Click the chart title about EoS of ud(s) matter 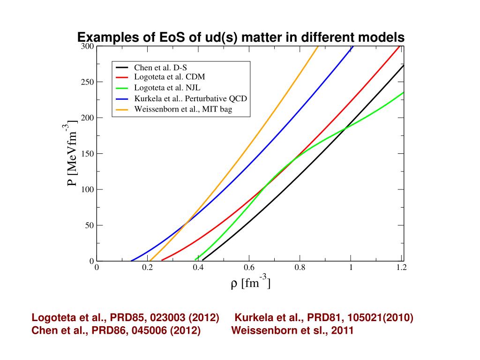click(x=240, y=37)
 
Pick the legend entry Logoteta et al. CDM click(x=169, y=77)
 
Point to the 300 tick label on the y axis click(x=88, y=47)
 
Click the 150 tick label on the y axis click(x=88, y=154)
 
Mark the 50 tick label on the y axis click(x=89, y=225)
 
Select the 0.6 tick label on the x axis click(x=249, y=268)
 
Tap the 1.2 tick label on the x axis click(x=401, y=268)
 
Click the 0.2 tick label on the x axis click(x=148, y=268)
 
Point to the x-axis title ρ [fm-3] click(x=251, y=284)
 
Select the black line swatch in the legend click(x=122, y=67)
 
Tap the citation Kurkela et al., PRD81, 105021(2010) click(x=323, y=318)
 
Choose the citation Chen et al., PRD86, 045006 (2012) click(x=116, y=330)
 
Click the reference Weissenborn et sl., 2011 click(x=292, y=330)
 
